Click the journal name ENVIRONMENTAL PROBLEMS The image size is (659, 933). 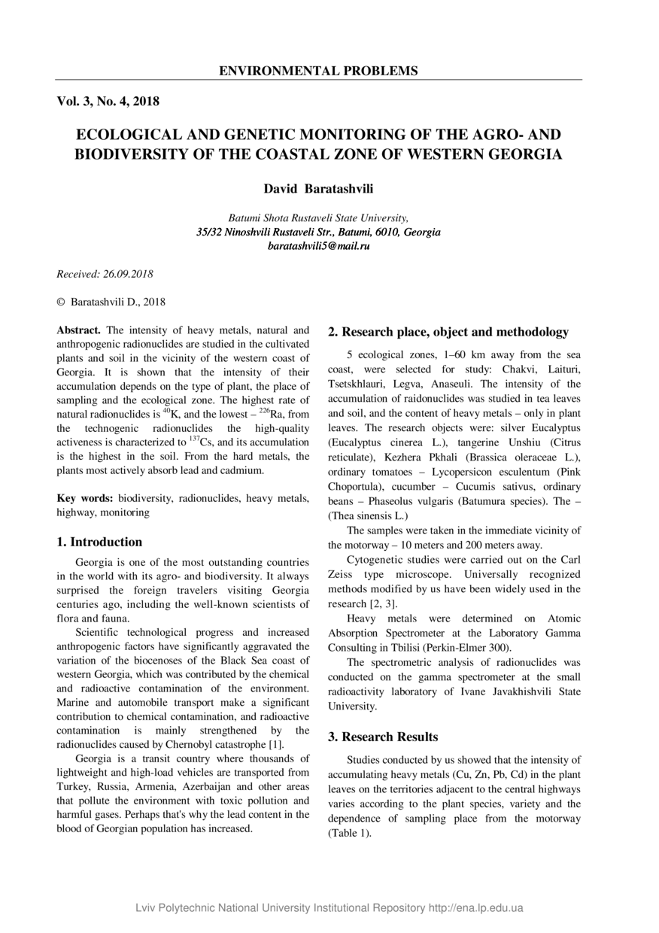(318, 71)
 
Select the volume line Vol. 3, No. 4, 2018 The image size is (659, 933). (108, 101)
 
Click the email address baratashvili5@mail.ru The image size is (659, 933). (318, 246)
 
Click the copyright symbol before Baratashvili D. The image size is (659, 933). (61, 302)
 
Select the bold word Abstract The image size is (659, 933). (79, 330)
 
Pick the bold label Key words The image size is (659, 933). (85, 498)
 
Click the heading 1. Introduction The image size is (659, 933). (99, 542)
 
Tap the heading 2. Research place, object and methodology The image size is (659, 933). (448, 332)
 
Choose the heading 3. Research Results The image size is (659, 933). (383, 737)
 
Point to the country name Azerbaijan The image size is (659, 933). (209, 786)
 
